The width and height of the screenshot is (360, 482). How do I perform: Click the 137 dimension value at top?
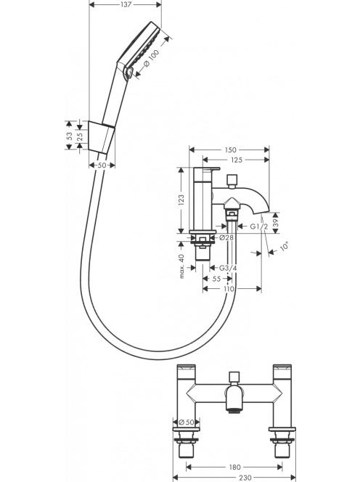pyautogui.click(x=126, y=4)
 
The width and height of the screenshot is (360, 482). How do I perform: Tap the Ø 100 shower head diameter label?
pyautogui.click(x=151, y=58)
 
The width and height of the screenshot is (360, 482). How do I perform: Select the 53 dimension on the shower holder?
pyautogui.click(x=70, y=136)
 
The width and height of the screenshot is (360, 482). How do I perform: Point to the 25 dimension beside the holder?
pyautogui.click(x=80, y=136)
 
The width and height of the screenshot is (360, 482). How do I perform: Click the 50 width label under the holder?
pyautogui.click(x=102, y=166)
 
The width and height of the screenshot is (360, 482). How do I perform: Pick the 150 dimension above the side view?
pyautogui.click(x=230, y=150)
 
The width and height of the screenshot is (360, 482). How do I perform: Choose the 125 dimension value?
pyautogui.click(x=236, y=160)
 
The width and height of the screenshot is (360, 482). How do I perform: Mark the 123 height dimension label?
pyautogui.click(x=181, y=200)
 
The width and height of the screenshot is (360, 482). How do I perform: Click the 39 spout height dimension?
pyautogui.click(x=275, y=223)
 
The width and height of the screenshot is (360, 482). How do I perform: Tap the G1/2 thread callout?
pyautogui.click(x=259, y=227)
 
